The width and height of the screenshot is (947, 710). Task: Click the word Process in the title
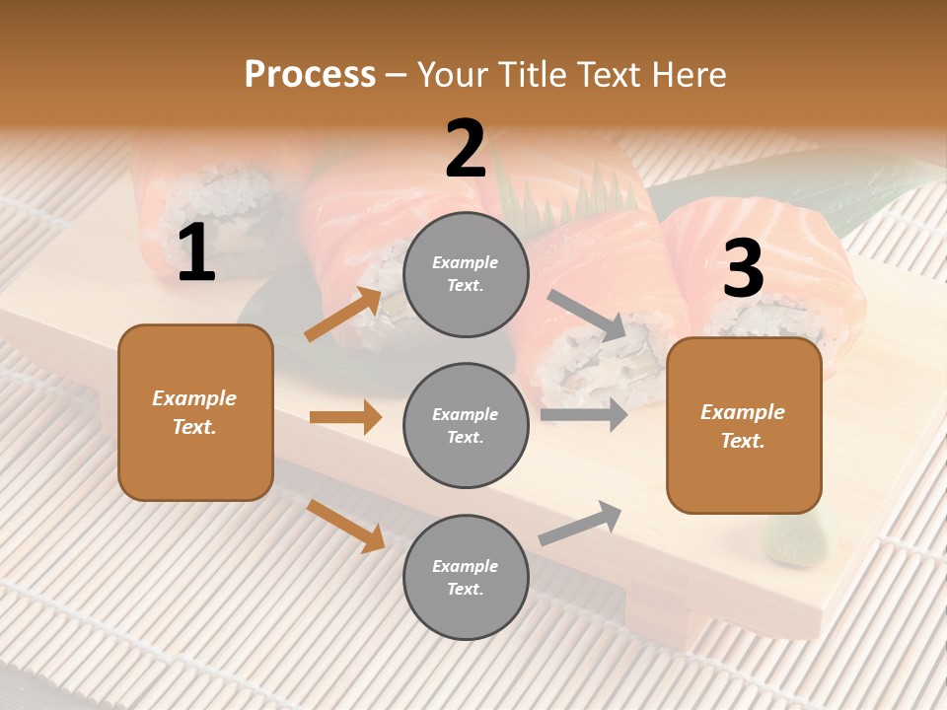[310, 75]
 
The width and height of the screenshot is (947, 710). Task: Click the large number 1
[196, 254]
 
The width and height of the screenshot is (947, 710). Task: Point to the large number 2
[466, 150]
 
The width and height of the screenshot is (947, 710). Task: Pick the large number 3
[743, 269]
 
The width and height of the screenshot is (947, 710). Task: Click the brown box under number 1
[195, 412]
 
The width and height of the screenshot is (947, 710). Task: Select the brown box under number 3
[744, 426]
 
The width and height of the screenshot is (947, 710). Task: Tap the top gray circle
[466, 274]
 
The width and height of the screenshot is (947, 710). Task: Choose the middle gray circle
[466, 426]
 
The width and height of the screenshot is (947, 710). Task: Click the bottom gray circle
[466, 578]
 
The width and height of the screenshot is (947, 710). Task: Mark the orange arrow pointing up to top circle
[343, 314]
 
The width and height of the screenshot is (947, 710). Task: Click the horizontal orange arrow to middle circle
[345, 418]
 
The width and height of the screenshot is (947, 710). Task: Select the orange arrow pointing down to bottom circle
[345, 526]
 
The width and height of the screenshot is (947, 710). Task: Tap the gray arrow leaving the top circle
[587, 316]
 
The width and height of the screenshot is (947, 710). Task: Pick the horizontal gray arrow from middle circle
[584, 414]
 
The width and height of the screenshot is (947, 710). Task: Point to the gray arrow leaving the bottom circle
[580, 524]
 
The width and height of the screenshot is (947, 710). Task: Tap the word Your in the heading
[452, 75]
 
